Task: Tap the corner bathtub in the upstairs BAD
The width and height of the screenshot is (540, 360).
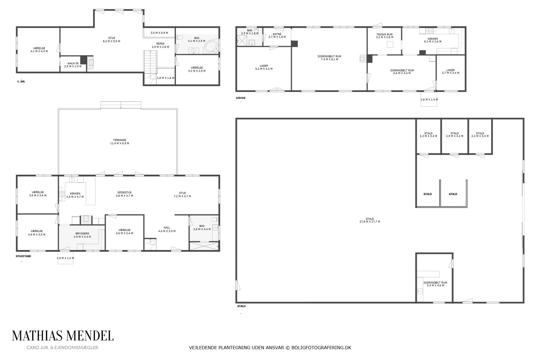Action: (211, 47)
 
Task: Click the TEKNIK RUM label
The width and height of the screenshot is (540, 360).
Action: (384, 34)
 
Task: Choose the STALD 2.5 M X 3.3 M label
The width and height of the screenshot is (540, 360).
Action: (454, 135)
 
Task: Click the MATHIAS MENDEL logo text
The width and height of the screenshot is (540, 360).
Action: (63, 336)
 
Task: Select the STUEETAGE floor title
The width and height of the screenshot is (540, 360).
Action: (23, 256)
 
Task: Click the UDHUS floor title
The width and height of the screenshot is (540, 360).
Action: (241, 98)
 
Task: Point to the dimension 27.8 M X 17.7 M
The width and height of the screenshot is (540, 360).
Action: (370, 222)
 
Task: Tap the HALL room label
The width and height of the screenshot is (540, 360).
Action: (167, 227)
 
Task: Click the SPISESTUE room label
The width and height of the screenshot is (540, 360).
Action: (124, 193)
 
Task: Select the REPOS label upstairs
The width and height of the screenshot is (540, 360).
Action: (160, 43)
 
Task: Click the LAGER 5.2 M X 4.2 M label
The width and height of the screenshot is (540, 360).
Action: (264, 67)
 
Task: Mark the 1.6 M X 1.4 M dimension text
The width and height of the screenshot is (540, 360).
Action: (429, 100)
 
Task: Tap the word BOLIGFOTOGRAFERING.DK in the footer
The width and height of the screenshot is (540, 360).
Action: (321, 348)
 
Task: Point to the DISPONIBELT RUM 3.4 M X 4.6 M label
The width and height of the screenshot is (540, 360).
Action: (435, 284)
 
